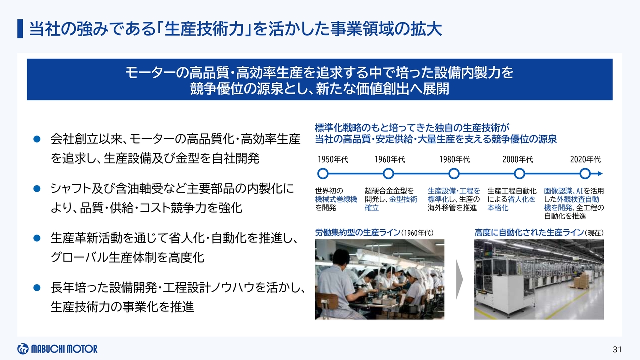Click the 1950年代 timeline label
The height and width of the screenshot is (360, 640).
click(x=333, y=159)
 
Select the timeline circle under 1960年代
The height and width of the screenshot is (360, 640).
click(x=388, y=173)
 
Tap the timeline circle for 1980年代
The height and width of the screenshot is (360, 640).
click(x=454, y=173)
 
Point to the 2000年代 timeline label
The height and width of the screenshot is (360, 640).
click(x=518, y=159)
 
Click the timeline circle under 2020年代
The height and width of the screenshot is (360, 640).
click(x=585, y=173)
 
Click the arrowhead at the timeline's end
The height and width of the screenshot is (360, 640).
click(x=600, y=173)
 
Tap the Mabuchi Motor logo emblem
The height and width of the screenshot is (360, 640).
click(x=23, y=349)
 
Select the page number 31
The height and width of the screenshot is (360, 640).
click(x=617, y=349)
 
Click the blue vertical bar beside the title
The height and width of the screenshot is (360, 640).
click(x=20, y=29)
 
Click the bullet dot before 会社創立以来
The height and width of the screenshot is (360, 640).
click(x=37, y=139)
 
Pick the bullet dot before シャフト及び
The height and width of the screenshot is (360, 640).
click(x=37, y=189)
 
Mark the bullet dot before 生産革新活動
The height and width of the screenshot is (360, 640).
click(x=37, y=238)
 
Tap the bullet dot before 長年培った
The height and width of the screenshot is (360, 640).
click(x=37, y=287)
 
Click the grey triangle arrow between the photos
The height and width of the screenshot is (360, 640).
click(x=459, y=279)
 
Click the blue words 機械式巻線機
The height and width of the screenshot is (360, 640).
click(x=336, y=199)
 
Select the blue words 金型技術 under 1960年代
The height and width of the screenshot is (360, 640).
click(x=403, y=199)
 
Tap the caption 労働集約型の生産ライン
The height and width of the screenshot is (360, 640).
click(x=358, y=233)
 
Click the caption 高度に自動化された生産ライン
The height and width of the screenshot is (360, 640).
click(x=529, y=233)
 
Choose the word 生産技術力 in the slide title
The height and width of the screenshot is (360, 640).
click(x=204, y=29)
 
